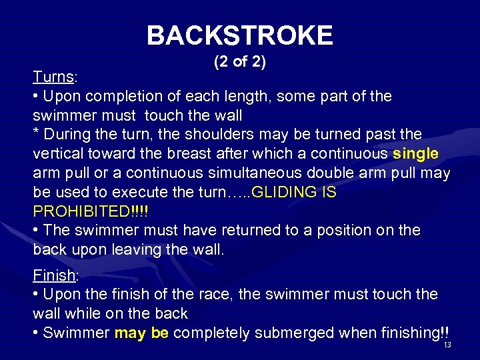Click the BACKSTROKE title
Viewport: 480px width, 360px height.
(239, 35)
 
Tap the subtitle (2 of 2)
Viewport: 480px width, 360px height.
(239, 62)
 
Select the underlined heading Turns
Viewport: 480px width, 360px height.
(54, 77)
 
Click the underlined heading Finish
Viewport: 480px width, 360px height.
(55, 275)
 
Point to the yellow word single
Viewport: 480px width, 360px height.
(416, 154)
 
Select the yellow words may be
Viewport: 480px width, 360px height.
(142, 333)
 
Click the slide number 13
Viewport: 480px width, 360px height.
(447, 345)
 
